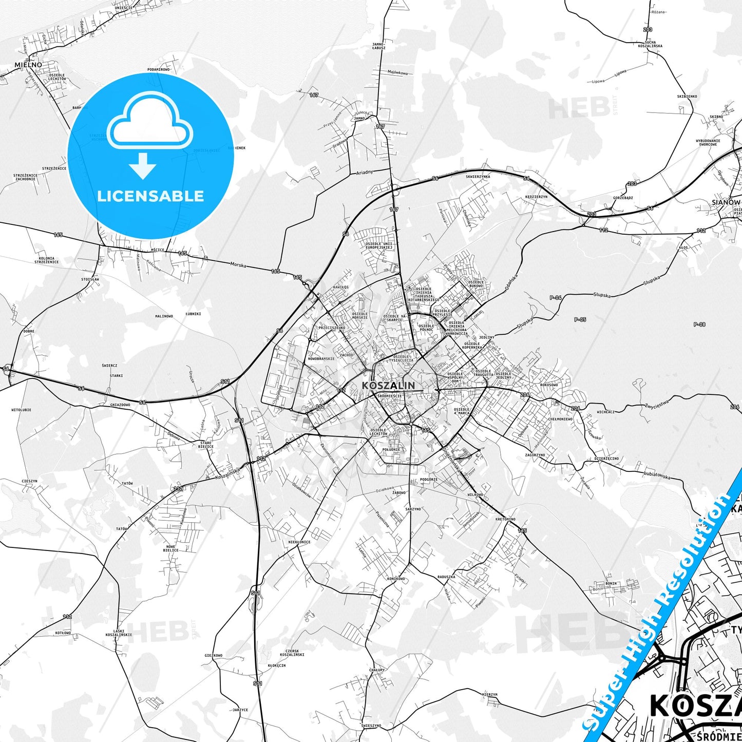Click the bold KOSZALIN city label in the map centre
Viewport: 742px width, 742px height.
388,385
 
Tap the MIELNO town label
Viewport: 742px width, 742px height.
25,65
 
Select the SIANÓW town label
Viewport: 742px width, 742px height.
726,202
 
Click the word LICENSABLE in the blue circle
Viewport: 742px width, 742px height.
150,196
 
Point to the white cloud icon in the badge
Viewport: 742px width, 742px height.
150,121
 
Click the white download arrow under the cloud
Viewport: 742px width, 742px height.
143,165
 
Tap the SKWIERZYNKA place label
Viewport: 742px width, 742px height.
478,177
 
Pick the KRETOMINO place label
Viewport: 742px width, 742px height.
505,519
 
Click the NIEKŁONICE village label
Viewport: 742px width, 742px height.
299,542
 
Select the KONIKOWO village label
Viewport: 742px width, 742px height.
396,579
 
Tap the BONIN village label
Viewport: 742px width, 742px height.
611,584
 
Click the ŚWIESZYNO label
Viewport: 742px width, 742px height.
371,726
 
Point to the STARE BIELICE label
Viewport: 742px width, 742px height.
206,444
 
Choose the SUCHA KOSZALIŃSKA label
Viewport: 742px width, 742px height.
650,44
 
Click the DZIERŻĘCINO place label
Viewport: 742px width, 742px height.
606,459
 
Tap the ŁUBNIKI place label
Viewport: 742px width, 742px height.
193,314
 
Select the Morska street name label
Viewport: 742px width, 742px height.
238,265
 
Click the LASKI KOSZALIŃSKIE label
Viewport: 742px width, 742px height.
122,632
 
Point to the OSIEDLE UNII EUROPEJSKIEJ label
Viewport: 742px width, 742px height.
378,245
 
